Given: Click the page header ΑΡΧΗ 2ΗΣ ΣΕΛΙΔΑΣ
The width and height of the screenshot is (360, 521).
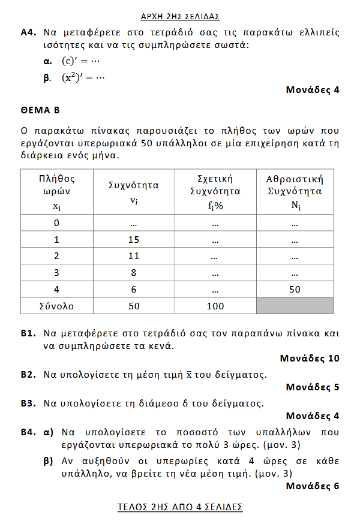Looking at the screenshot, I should pos(179,16).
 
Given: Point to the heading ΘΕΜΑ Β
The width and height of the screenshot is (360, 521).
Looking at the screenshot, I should pos(40,110).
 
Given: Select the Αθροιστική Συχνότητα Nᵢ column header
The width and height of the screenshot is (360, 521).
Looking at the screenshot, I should pos(295,192).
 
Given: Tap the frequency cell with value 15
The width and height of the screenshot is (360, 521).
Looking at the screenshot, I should pos(134,240).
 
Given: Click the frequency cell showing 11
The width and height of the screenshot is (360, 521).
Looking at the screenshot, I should pos(134,256).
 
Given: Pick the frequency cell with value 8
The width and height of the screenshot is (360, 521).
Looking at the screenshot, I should pos(134,273).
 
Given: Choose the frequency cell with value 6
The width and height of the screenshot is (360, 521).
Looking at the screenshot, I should pos(134,289).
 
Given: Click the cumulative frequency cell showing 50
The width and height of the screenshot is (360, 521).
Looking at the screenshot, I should pos(295,289).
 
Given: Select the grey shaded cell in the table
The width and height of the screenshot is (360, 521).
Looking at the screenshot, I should pos(295,306).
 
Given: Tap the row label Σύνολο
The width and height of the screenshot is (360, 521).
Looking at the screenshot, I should pos(56,306).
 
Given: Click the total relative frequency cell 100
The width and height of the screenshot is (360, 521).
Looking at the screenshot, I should pos(215,306).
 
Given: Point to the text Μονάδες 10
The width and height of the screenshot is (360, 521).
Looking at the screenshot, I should pos(310,359).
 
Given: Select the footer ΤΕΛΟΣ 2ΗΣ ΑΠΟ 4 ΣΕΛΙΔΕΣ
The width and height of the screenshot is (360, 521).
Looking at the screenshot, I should pos(179,507).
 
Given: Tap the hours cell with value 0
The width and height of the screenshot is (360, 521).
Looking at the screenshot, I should pos(56,223).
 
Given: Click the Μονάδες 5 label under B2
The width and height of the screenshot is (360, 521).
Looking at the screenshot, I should pos(313,387).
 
